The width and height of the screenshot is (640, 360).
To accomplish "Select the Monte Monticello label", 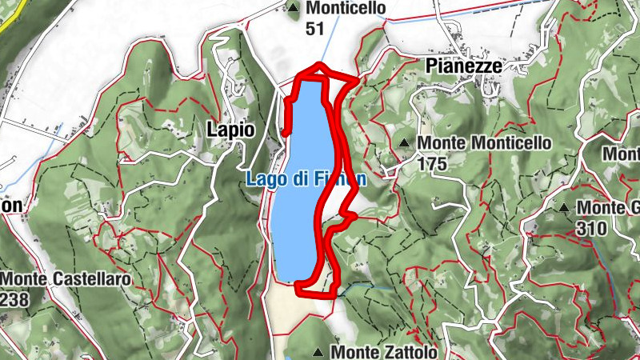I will (485, 143).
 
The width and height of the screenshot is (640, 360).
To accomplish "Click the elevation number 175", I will (432, 162).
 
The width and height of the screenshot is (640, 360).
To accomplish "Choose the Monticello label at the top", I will (346, 9).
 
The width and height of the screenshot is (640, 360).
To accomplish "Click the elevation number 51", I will (315, 29).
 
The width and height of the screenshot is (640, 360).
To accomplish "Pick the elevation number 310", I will (590, 228).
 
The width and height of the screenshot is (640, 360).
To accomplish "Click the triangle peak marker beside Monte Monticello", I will (405, 143).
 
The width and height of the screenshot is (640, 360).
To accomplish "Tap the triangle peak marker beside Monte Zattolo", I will (319, 352).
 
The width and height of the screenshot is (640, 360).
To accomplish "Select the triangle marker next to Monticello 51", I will (293, 9).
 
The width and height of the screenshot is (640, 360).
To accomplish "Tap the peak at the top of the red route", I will (319, 66).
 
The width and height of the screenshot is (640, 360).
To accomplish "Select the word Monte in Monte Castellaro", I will (25, 279).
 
